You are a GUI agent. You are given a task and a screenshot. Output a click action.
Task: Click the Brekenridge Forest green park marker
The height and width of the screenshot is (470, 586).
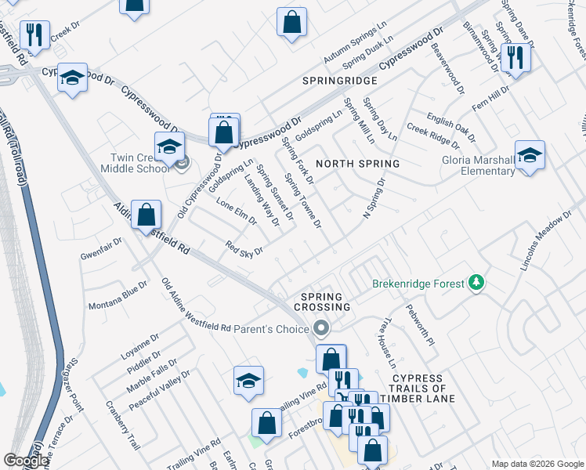[x=475, y=283]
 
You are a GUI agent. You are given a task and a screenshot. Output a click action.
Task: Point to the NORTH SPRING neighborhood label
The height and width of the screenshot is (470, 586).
[x=357, y=164]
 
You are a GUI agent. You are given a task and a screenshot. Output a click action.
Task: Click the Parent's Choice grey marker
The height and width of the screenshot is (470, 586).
[x=320, y=328]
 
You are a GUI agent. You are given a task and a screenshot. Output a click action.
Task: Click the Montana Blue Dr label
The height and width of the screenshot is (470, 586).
[x=118, y=295]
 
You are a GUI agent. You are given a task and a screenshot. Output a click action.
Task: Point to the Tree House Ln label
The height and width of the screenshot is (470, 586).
[x=388, y=342]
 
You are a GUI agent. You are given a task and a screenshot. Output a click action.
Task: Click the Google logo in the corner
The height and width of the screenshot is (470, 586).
[x=26, y=461]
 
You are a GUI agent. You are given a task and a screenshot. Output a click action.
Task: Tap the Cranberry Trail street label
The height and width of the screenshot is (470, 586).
[x=123, y=425]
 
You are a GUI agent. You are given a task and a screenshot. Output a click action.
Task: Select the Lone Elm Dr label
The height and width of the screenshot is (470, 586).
[x=236, y=210]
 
